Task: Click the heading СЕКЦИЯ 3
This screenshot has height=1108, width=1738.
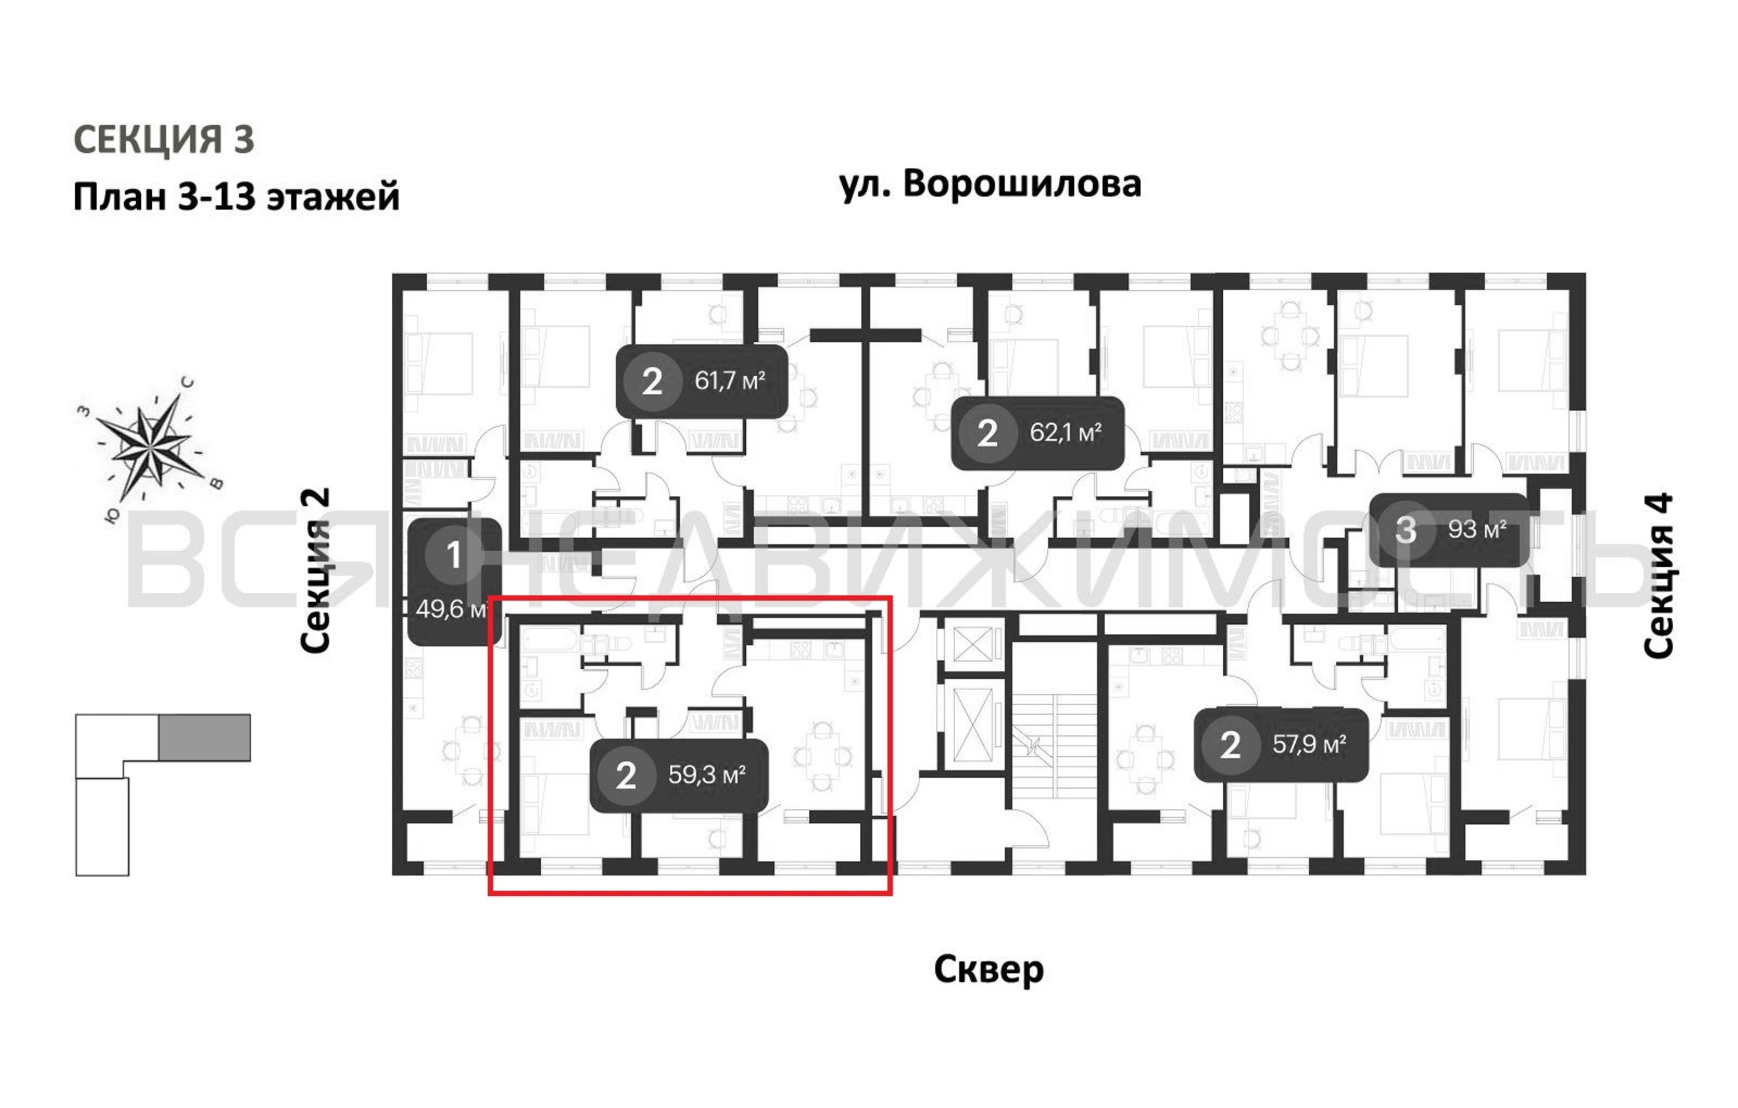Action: click(x=164, y=139)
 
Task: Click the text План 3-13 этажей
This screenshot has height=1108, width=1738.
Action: click(x=236, y=196)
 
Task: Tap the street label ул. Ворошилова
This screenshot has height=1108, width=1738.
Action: click(x=990, y=184)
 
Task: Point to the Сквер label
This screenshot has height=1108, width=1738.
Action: click(x=988, y=970)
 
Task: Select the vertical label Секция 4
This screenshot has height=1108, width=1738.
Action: click(x=1658, y=575)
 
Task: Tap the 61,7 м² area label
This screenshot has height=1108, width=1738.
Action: click(x=729, y=381)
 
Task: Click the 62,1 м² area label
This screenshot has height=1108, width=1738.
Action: click(x=1065, y=433)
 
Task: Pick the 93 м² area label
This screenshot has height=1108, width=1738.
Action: click(x=1476, y=529)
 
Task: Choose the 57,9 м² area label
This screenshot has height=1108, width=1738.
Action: click(x=1309, y=744)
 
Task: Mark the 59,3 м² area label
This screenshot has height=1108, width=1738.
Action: click(x=706, y=774)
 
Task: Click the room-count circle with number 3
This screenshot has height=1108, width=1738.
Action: click(x=1404, y=529)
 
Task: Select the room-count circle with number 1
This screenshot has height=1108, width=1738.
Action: click(x=453, y=555)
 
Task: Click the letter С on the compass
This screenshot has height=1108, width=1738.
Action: click(x=188, y=383)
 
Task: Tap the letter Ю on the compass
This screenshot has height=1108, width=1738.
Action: click(x=112, y=515)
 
